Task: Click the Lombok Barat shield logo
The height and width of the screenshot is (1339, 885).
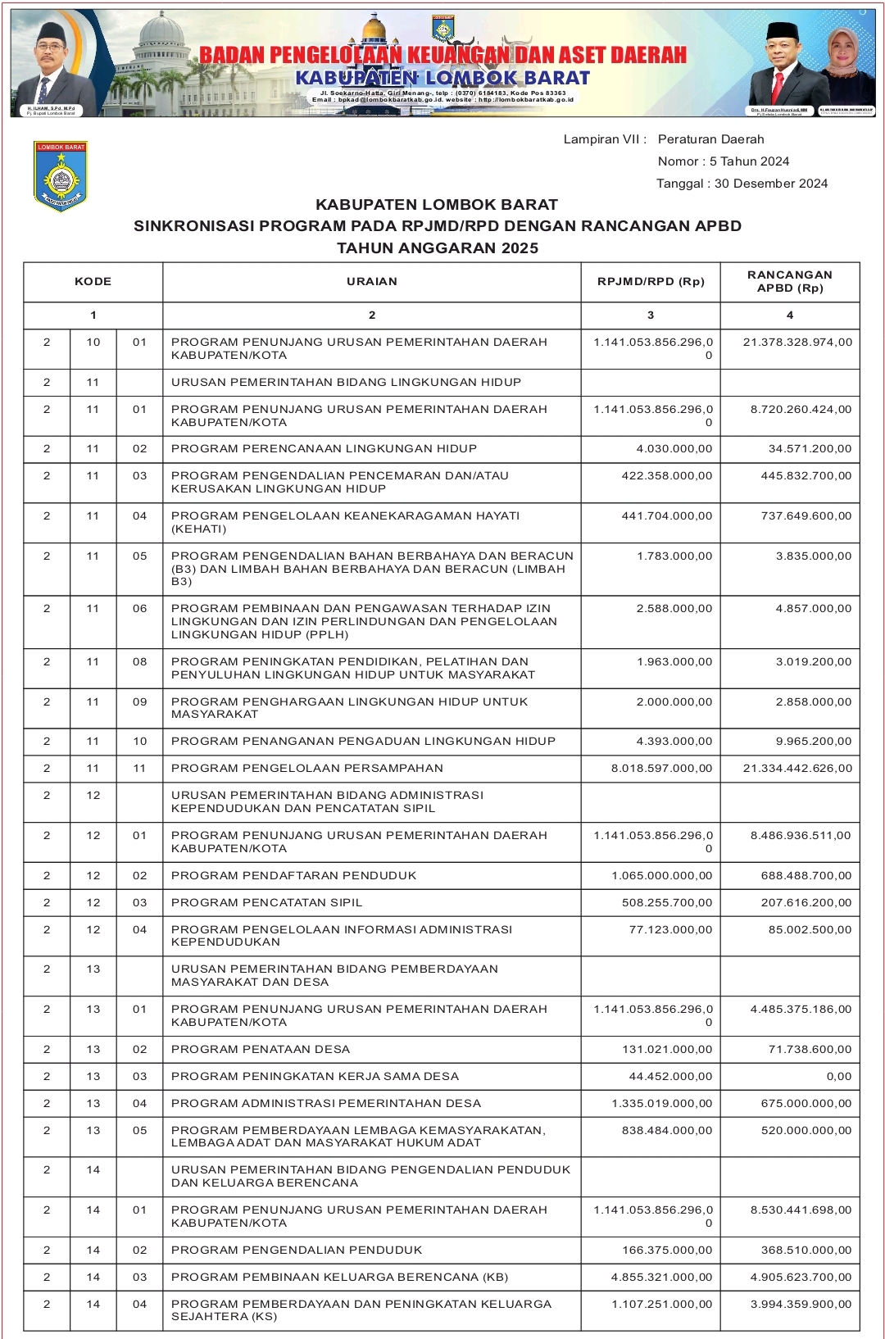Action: point(61,176)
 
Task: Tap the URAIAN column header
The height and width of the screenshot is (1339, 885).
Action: point(372,282)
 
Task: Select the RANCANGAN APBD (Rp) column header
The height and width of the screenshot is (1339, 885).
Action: point(790,282)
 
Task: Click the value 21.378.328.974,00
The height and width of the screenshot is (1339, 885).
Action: point(797,343)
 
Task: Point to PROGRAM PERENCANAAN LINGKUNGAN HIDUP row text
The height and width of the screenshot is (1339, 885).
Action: point(324,449)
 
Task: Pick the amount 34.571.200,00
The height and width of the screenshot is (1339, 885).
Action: point(810,449)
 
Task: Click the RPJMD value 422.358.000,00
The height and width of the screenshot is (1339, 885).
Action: point(667,476)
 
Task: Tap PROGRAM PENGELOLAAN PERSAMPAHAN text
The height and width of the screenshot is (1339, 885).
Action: point(307,769)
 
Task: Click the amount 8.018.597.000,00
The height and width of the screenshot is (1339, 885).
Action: point(662,769)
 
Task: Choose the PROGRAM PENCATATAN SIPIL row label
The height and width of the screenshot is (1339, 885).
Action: point(266,903)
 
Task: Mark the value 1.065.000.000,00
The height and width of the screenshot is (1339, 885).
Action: point(662,876)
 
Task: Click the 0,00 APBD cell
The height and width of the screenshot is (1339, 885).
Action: point(839,1077)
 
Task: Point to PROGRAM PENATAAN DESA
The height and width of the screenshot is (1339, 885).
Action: point(261,1050)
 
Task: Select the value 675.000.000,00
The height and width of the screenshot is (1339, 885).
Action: point(806,1104)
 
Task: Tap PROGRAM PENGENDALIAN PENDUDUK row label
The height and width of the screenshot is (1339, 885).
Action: point(297,1250)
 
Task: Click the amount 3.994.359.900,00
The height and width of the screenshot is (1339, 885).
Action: point(801,1305)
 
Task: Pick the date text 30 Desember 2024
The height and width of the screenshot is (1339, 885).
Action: point(771,184)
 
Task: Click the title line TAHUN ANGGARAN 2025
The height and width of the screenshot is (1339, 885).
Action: point(438,248)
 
